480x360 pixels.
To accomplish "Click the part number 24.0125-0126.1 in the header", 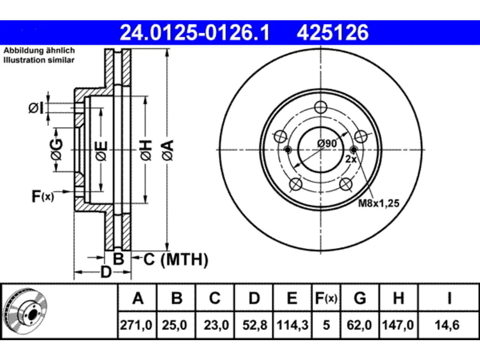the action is [195, 33].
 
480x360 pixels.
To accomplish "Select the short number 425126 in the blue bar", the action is [333, 33].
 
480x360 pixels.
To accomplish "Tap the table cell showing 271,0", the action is [136, 325].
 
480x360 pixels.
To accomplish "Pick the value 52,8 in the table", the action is [255, 325].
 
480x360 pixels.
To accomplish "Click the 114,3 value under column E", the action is [292, 325].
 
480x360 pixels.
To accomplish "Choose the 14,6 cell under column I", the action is [447, 325].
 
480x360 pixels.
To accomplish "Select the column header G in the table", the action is [360, 298].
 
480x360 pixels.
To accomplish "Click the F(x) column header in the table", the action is [326, 298].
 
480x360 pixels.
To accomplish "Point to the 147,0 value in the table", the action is [398, 325].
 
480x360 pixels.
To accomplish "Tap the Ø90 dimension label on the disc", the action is [327, 144].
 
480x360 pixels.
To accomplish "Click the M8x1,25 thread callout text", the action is [379, 203].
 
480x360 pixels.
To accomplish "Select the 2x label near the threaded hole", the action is [351, 159].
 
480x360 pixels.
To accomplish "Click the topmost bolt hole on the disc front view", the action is [321, 107].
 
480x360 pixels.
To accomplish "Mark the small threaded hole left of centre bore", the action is [288, 150].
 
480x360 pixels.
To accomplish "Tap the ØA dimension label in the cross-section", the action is [168, 151].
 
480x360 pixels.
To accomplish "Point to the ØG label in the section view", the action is [56, 149].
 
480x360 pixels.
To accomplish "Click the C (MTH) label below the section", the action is [176, 259].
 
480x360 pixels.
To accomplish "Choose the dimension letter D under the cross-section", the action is [106, 272].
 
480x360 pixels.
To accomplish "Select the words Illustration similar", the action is [39, 60].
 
